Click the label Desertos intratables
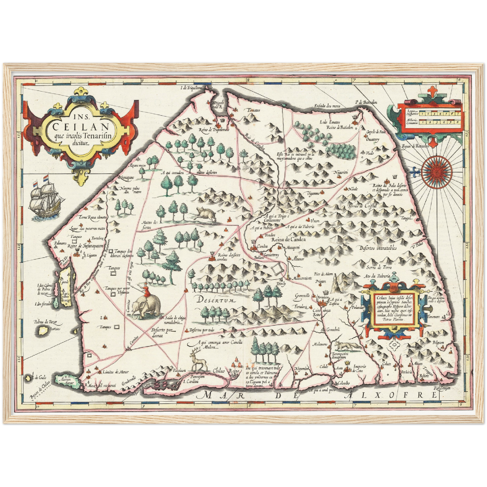(377, 248)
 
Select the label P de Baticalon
(366, 102)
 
